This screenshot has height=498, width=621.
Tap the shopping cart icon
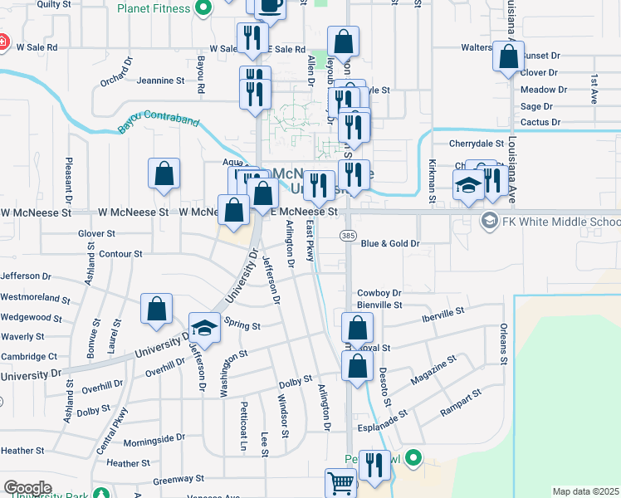click(x=340, y=483)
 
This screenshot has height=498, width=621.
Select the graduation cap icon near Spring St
click(x=203, y=327)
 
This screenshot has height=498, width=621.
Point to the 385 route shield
click(x=348, y=237)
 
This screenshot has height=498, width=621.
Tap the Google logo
click(x=27, y=488)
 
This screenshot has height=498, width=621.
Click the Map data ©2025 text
click(x=585, y=491)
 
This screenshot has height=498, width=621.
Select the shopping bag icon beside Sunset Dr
click(x=509, y=56)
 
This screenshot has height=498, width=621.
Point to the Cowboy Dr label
click(x=379, y=293)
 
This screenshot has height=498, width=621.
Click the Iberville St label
click(x=443, y=314)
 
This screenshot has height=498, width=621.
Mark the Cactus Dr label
click(x=540, y=122)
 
